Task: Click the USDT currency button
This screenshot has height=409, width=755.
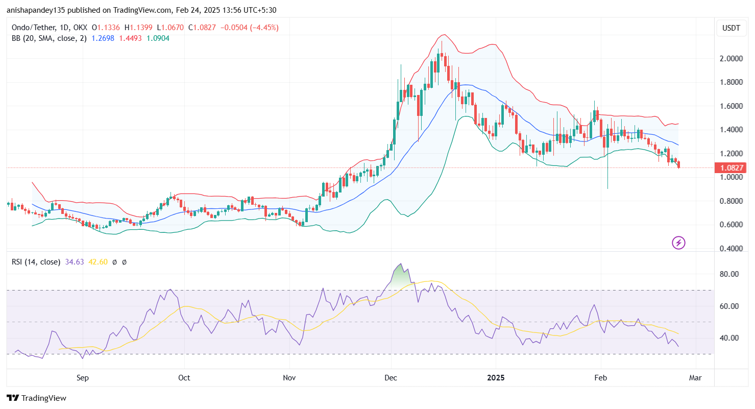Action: coord(731,28)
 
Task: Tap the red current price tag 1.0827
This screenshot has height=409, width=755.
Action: coord(732,168)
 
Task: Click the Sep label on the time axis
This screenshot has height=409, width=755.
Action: coord(83,378)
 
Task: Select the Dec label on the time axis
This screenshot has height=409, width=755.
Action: coord(391,378)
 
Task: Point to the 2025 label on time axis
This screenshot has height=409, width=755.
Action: coord(496,378)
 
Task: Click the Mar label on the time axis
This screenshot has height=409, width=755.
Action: coord(695,378)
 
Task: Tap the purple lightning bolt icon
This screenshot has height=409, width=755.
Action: coord(678,243)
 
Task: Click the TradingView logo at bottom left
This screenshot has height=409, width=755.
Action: coord(36,398)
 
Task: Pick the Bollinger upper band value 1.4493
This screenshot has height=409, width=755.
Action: coord(130,38)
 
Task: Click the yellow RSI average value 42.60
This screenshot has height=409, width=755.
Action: coord(98,262)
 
